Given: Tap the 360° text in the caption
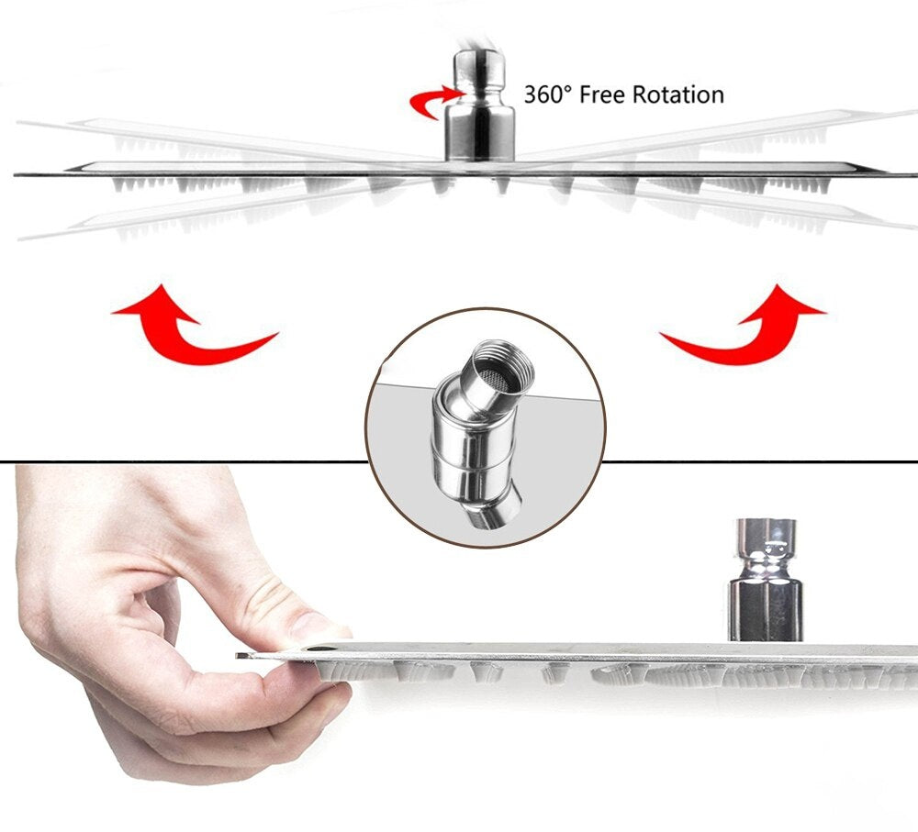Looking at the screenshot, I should pos(550,94).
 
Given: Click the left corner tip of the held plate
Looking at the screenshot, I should pos(240,655).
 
